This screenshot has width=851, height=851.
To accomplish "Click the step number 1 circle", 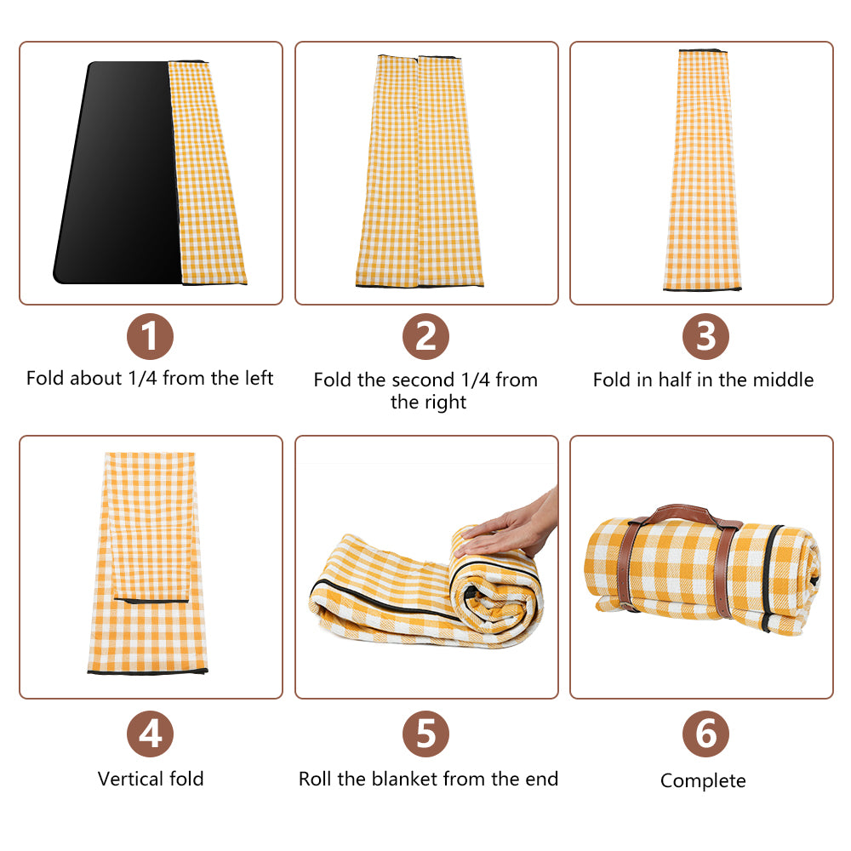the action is (150, 336).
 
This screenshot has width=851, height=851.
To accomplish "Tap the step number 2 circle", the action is (425, 336).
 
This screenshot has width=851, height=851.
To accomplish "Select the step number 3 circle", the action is (705, 336).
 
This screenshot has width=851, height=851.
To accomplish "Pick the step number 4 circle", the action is (150, 734).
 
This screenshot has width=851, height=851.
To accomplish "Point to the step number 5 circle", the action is (425, 734).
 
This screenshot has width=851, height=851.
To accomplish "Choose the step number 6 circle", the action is (705, 734).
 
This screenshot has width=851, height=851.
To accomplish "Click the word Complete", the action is (703, 781).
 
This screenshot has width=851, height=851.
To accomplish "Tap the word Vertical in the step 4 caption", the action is (130, 779).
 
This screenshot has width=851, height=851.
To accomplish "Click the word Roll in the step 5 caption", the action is (314, 779).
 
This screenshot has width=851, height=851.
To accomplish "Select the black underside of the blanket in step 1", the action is (119, 174).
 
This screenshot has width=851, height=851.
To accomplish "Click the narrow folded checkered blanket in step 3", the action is (702, 170).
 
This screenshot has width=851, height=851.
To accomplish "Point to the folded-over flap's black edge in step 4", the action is (151, 601).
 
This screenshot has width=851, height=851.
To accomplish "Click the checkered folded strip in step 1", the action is (207, 173).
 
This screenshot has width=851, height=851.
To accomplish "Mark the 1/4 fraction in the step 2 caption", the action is (475, 380).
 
